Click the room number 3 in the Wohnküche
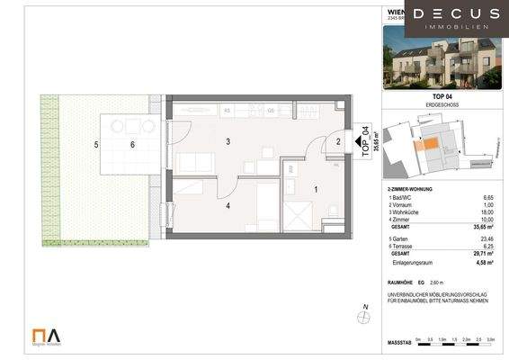pos(228,141)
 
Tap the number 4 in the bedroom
pos(228,206)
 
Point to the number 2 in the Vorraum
pos(338,141)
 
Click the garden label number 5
pos(94,144)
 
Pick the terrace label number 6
pos(132,144)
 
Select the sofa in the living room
pos(195,165)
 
